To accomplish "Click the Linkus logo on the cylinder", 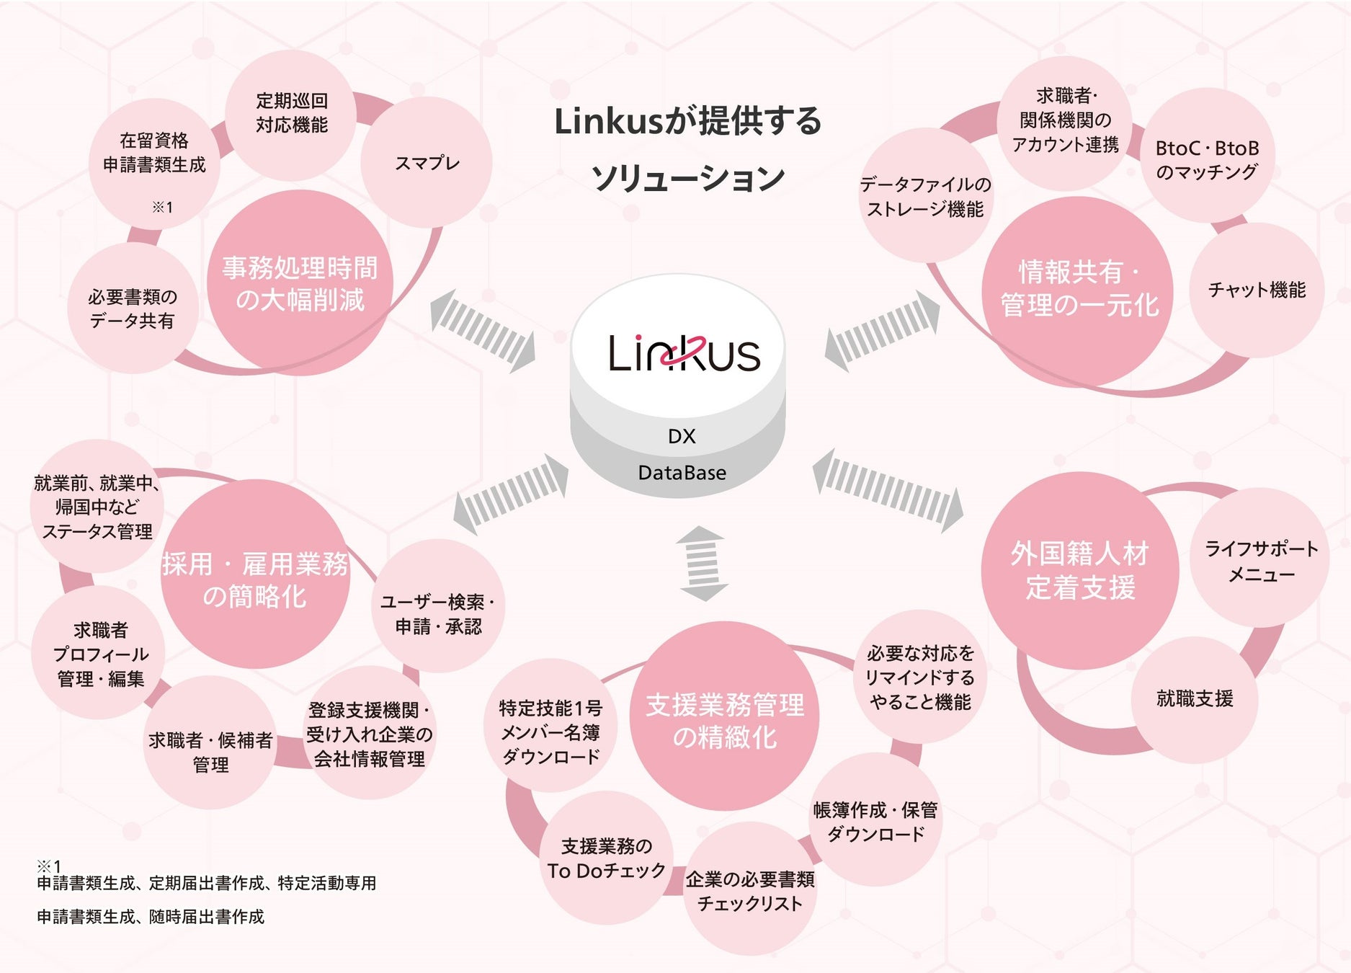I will click(684, 352).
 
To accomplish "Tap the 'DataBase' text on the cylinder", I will click(682, 473).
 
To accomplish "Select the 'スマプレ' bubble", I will click(427, 163).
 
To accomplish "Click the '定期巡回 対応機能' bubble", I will click(291, 113).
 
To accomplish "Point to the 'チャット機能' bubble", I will click(1257, 290).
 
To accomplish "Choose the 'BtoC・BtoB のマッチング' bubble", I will click(1207, 159).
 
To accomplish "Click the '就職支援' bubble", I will click(1195, 698).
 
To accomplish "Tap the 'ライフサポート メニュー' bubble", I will click(1261, 561).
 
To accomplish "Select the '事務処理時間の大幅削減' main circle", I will click(300, 283).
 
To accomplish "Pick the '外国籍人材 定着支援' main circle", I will click(1079, 570).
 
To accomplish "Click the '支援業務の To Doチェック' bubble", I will click(606, 858).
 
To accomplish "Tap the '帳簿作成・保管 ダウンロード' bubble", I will click(875, 822).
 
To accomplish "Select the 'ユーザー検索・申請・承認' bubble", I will click(438, 613).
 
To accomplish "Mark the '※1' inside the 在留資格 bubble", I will click(162, 208).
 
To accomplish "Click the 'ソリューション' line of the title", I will click(687, 177).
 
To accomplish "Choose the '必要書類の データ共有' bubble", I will click(133, 308).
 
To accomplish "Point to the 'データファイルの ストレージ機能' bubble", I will click(925, 197).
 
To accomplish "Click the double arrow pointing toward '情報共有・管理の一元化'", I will click(882, 331).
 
